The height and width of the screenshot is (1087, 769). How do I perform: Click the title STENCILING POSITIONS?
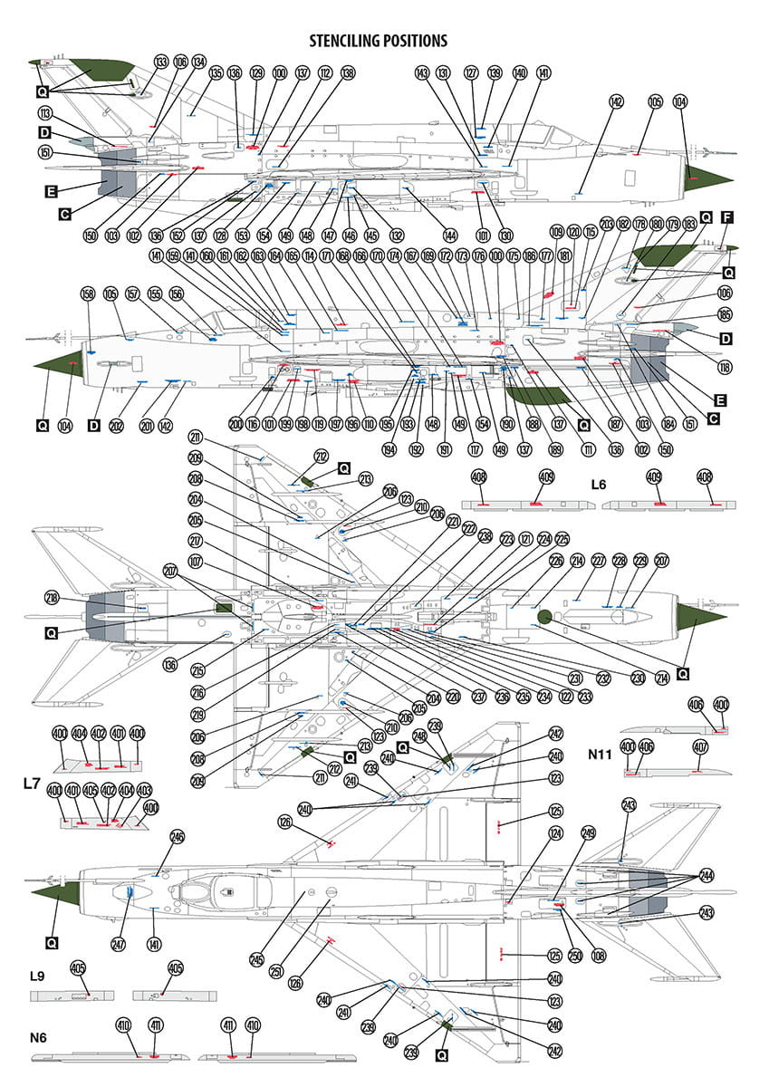click(378, 41)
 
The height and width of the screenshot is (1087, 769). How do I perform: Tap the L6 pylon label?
click(598, 485)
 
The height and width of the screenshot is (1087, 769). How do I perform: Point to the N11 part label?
click(601, 753)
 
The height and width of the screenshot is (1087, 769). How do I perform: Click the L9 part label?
click(36, 976)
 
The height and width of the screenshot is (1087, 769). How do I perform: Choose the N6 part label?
click(37, 1036)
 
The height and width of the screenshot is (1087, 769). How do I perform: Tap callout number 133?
click(161, 63)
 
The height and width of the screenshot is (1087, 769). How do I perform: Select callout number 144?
click(450, 236)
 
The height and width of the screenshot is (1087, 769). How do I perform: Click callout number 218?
click(53, 597)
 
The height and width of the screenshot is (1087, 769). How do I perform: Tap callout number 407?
click(700, 748)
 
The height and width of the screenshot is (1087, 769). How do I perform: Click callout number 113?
click(44, 114)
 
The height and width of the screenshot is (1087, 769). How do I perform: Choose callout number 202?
click(116, 426)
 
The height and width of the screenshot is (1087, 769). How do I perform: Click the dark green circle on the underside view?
click(544, 618)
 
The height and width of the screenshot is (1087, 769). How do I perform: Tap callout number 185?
click(725, 316)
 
